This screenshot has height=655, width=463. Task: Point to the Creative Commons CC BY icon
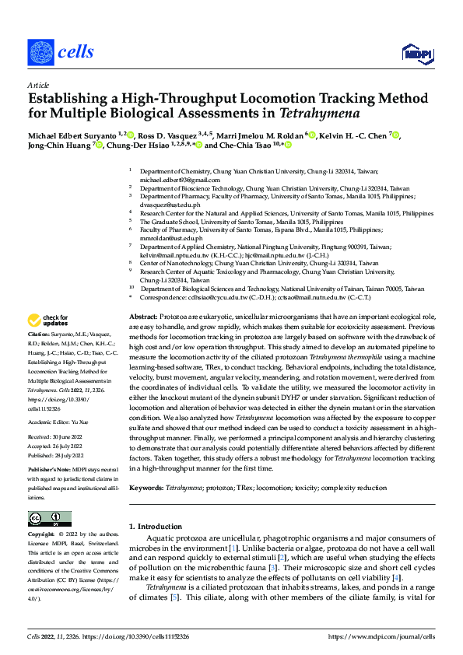click(x=50, y=519)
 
